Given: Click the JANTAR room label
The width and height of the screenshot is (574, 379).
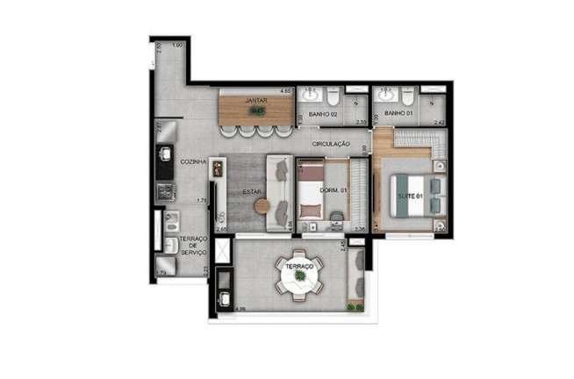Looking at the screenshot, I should click(255, 101).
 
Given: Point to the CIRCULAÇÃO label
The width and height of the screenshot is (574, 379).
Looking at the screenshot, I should click(331, 143).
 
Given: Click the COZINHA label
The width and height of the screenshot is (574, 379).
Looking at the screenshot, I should click(193, 162).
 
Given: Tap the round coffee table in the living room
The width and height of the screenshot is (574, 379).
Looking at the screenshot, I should click(264, 206).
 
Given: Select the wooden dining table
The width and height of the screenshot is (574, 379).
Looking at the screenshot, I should click(255, 111).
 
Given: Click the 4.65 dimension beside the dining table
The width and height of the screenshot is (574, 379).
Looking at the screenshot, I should click(285, 91).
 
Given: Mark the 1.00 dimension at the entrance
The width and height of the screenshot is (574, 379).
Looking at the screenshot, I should click(177, 45).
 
